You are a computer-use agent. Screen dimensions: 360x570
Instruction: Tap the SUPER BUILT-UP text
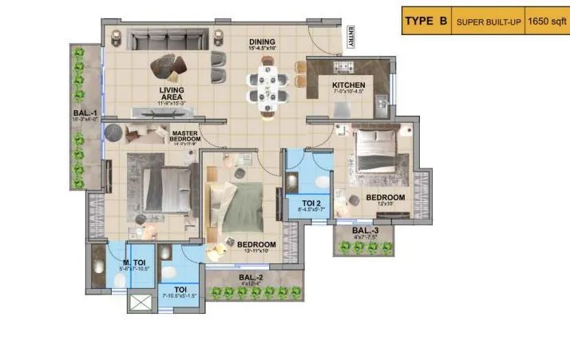pyautogui.click(x=488, y=22)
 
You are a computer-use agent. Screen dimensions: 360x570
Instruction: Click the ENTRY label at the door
pyautogui.click(x=349, y=38)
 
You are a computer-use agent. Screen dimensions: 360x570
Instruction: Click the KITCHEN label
pyautogui.click(x=349, y=85)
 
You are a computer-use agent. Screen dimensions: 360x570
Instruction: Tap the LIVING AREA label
pyautogui.click(x=172, y=93)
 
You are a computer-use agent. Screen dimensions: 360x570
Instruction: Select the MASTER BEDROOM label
pyautogui.click(x=184, y=136)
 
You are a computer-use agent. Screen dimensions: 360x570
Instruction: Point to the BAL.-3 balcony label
pyautogui.click(x=366, y=232)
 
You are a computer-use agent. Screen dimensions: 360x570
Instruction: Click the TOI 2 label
pyautogui.click(x=307, y=204)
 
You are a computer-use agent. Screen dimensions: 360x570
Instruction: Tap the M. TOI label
pyautogui.click(x=133, y=263)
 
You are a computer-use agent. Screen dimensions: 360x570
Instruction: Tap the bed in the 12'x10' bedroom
pyautogui.click(x=382, y=152)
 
